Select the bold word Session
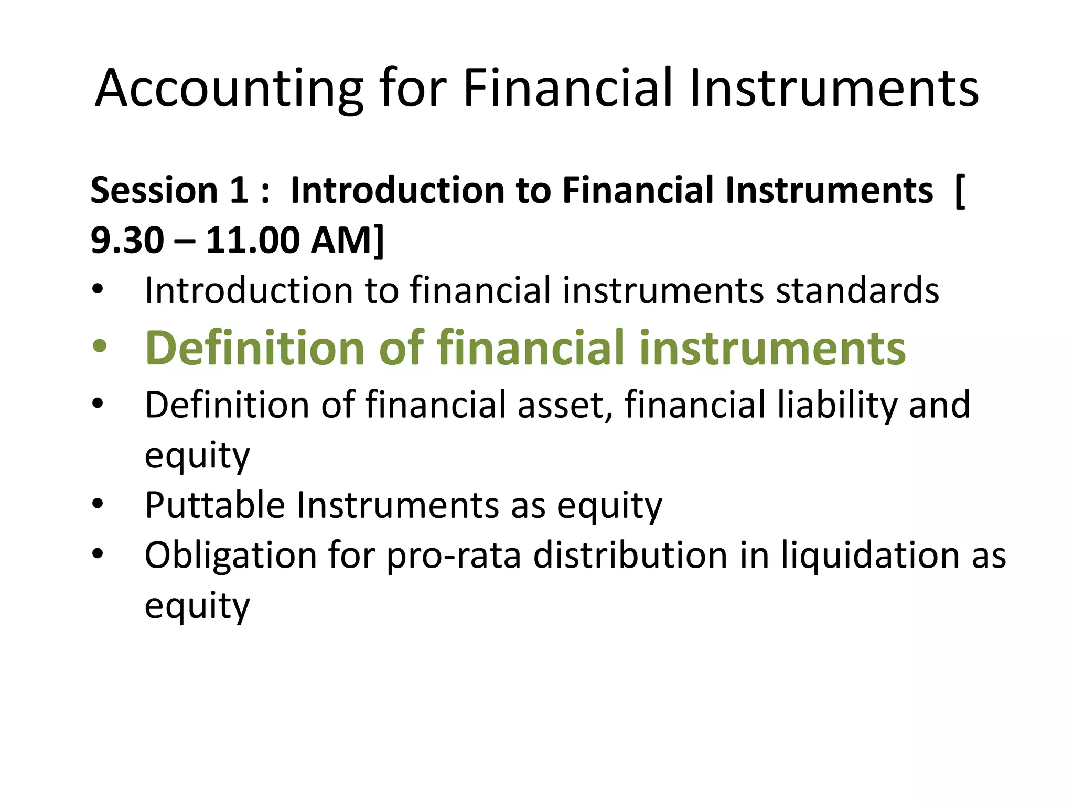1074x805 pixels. tap(154, 190)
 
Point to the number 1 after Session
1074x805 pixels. tap(239, 190)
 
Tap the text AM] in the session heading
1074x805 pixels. tap(347, 241)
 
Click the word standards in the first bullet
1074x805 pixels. tap(857, 290)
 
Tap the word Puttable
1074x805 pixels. tap(214, 505)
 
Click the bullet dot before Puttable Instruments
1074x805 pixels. tap(99, 504)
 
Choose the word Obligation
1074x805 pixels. tap(231, 556)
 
